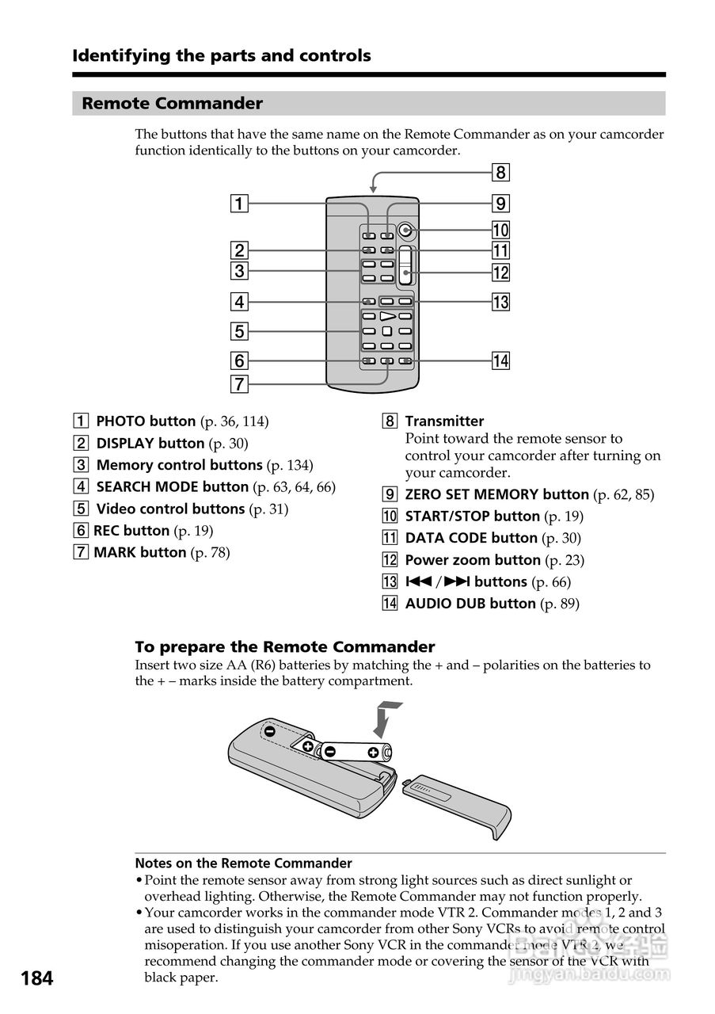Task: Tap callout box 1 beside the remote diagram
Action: (238, 203)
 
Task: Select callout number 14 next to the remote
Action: (500, 361)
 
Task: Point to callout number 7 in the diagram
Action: (238, 384)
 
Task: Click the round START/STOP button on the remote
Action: (406, 231)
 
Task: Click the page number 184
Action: (37, 978)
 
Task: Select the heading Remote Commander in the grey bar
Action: (173, 104)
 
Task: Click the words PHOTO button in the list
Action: (146, 421)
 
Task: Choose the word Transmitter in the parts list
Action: (444, 421)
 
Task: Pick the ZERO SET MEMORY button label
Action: (496, 494)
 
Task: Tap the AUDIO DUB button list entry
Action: (470, 604)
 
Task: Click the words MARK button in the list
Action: (140, 552)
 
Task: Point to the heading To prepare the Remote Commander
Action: (285, 646)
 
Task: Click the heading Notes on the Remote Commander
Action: (243, 863)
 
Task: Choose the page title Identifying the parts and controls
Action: (222, 55)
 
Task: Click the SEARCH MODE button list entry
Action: (172, 486)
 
